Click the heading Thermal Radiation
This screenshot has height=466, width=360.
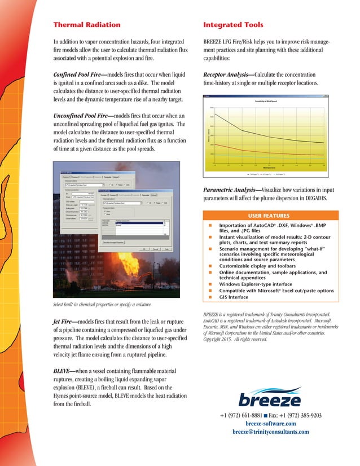coord(86,25)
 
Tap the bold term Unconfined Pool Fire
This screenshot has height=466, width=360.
coord(82,115)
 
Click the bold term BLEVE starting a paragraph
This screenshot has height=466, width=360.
coord(64,371)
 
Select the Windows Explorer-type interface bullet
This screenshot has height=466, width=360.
coord(256,284)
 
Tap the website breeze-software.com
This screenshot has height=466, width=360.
coord(271,423)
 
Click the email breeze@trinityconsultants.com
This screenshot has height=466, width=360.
coord(271,432)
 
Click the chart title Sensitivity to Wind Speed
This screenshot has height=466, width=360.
coord(265,100)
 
